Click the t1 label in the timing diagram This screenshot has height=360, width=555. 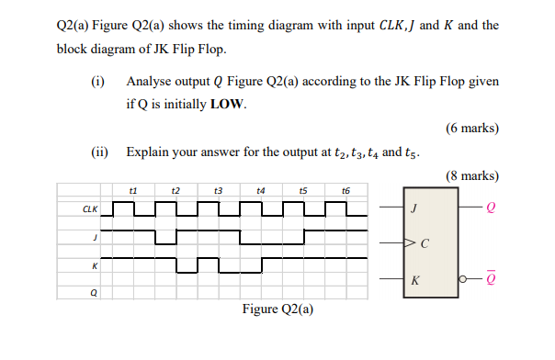[x=134, y=191]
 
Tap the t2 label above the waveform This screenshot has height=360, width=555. [x=176, y=191]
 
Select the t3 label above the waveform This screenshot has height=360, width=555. [x=219, y=191]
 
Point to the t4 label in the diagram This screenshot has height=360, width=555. [x=261, y=191]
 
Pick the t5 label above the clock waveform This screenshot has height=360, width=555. [x=303, y=191]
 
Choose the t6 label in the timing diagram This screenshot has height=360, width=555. [x=345, y=191]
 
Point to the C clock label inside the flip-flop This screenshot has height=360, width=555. [x=424, y=244]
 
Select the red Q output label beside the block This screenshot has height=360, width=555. [x=490, y=208]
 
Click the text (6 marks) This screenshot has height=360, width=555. [x=472, y=129]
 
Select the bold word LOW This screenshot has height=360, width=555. [x=228, y=104]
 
